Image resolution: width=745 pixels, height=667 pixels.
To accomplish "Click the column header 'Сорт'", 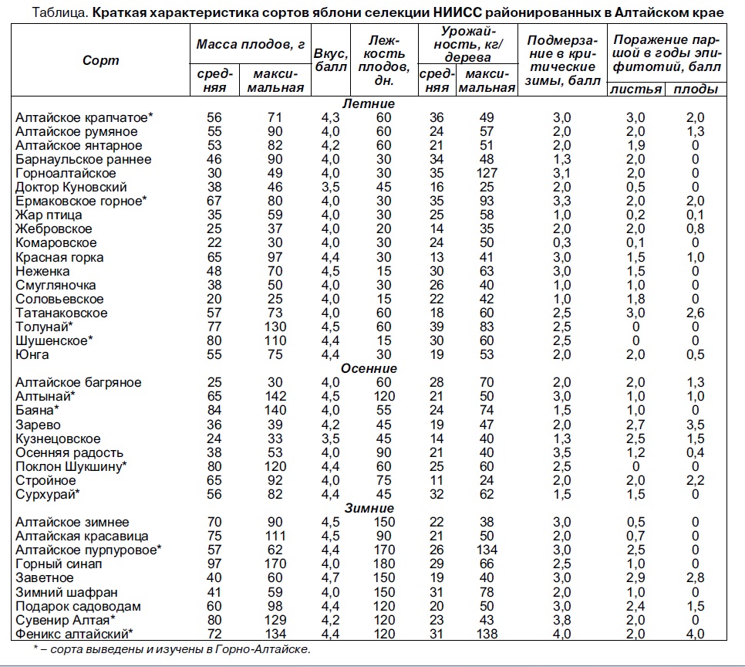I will [x=100, y=59].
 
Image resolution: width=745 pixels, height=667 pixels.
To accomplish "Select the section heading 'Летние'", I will [x=368, y=103].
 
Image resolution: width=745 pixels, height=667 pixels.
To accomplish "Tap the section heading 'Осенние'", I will [x=368, y=368].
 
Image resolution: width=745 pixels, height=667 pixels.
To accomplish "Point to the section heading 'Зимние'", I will [x=368, y=508].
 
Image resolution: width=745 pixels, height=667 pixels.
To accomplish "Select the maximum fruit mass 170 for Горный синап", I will [x=275, y=564].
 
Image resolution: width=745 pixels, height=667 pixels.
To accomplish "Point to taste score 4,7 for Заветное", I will [x=329, y=578].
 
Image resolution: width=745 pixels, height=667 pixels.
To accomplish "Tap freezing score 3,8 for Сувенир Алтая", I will [x=561, y=620].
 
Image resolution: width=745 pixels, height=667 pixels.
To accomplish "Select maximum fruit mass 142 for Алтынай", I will [x=275, y=396].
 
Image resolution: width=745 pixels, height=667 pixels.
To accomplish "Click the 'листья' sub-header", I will [x=635, y=89].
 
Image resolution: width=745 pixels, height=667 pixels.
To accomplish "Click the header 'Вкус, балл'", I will [x=329, y=59].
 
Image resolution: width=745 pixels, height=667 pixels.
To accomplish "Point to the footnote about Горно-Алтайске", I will [x=172, y=650].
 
